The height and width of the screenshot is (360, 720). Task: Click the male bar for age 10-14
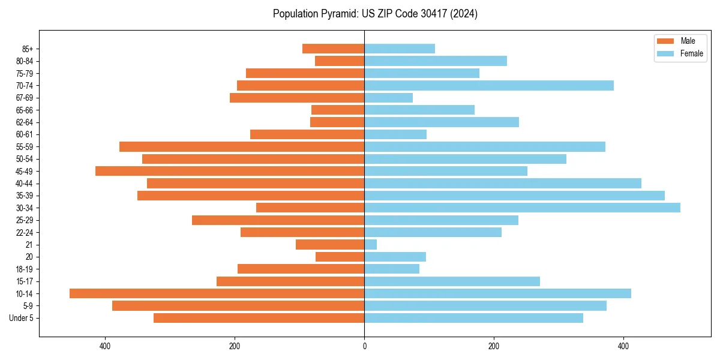217,293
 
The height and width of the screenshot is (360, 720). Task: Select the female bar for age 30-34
522,208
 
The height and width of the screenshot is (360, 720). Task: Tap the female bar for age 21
371,245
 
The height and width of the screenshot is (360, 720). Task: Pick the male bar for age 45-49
230,171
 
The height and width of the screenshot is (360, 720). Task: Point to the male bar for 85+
333,49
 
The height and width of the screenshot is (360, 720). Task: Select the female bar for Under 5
473,318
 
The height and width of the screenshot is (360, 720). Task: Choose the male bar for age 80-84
340,61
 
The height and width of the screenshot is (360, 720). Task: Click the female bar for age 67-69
388,98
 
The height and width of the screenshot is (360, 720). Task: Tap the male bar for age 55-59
242,146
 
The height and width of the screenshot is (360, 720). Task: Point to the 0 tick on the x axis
364,346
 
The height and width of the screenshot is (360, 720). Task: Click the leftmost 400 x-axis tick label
105,346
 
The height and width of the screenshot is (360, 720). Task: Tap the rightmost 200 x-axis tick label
494,346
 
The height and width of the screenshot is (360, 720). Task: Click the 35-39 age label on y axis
24,196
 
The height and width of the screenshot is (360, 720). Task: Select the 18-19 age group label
24,269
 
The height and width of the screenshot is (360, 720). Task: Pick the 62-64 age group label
24,122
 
